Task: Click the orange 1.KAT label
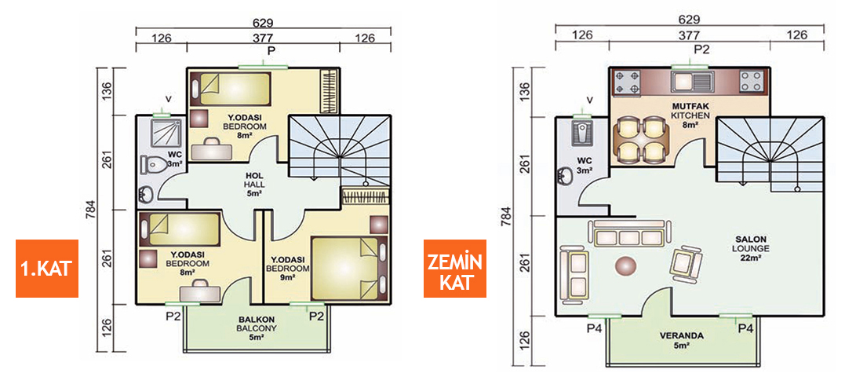tap(47, 269)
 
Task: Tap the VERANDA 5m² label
tap(680, 339)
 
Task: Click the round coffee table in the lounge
tap(627, 265)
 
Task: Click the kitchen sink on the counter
tap(690, 79)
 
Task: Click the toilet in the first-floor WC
tap(154, 165)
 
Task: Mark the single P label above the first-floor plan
tap(271, 50)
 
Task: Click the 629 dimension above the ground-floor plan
tap(689, 18)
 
